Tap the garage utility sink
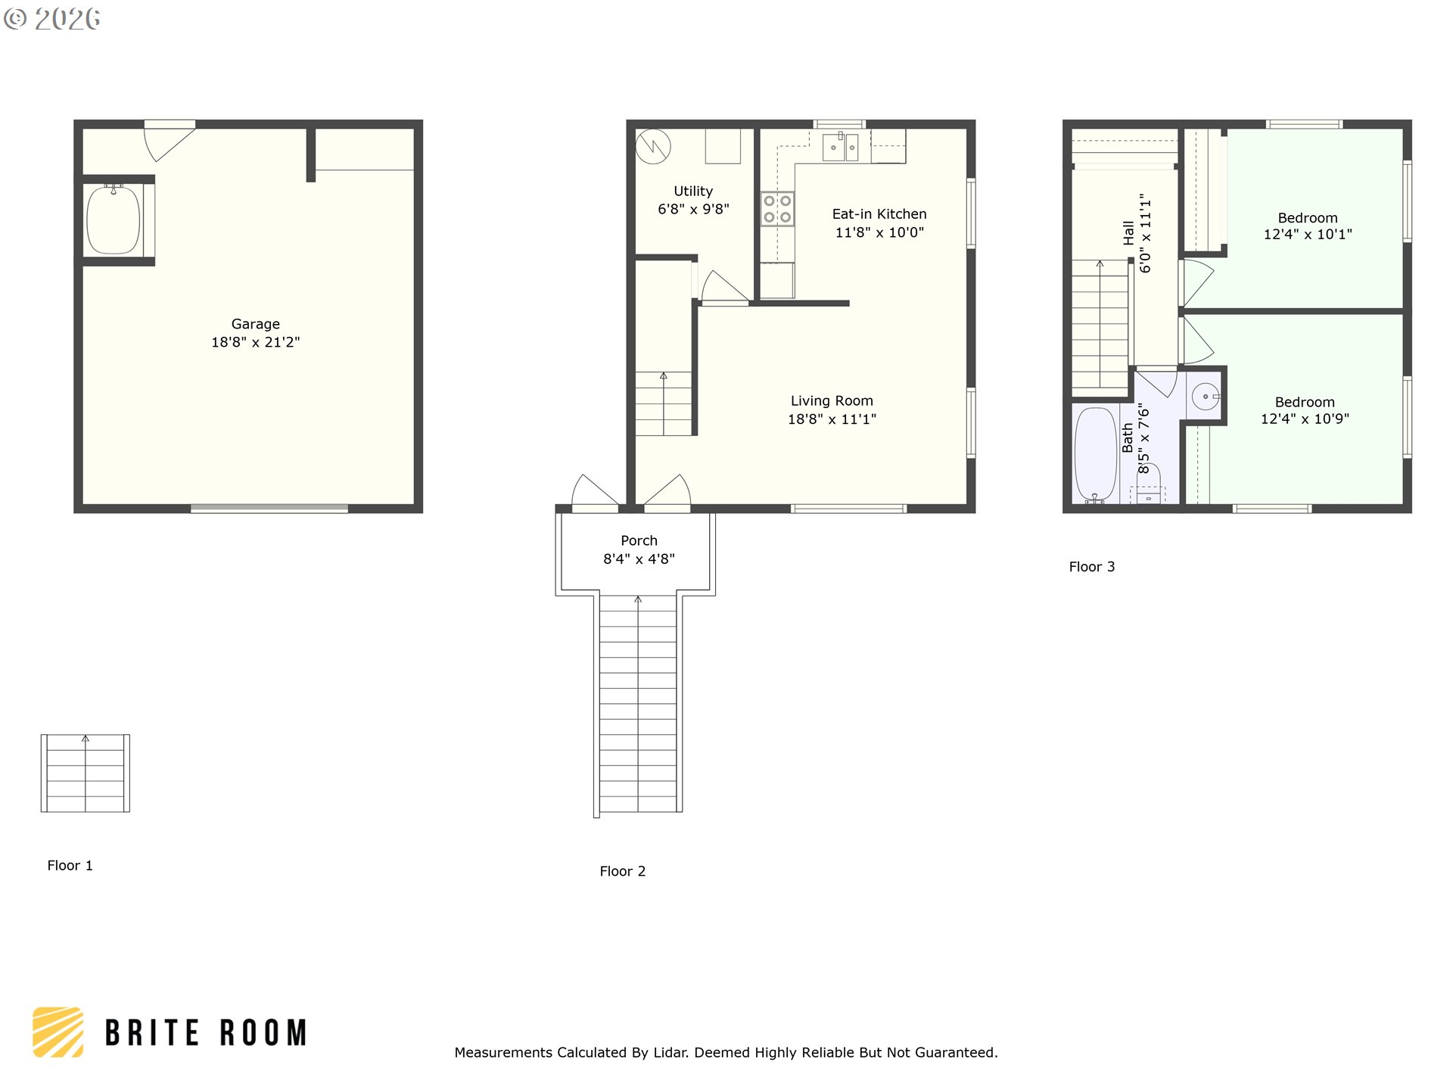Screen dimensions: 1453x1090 click(x=114, y=220)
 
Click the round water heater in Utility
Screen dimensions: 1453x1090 click(x=652, y=146)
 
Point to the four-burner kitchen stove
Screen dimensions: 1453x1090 click(x=777, y=209)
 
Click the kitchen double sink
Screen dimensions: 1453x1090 click(x=841, y=146)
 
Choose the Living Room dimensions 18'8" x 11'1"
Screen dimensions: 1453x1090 click(x=832, y=419)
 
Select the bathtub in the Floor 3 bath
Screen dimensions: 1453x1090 click(x=1095, y=455)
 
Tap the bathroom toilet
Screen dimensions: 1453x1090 click(x=1148, y=484)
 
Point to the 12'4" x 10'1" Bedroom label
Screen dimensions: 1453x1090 click(x=1308, y=226)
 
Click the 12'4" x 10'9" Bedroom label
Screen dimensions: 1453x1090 click(x=1305, y=410)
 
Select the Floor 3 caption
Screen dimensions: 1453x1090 click(x=1091, y=567)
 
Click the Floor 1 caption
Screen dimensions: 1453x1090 click(x=70, y=865)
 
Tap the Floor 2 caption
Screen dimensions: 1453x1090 click(x=622, y=871)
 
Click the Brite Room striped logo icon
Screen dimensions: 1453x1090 click(x=58, y=1032)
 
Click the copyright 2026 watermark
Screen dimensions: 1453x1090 click(x=52, y=18)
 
